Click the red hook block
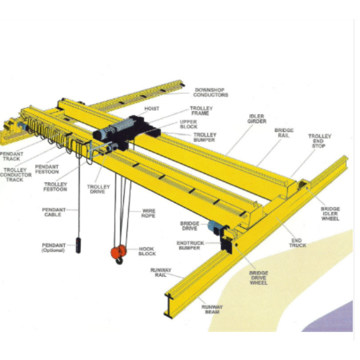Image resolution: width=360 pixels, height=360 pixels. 118,252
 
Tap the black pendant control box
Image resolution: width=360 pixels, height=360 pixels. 78,246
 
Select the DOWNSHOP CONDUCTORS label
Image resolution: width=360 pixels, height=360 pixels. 211,92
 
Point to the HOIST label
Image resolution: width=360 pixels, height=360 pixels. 152,108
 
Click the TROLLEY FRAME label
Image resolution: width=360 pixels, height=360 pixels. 201,111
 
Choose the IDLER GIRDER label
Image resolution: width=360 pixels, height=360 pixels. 257,119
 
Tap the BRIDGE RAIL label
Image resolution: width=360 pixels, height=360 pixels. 284,133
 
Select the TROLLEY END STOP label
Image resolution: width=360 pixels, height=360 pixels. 320,141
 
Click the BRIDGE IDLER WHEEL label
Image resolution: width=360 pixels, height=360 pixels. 330,214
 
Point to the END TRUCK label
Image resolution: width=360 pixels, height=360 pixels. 297,243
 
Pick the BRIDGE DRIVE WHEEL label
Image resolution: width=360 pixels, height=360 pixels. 259,278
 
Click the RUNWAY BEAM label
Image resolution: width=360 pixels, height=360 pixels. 212,309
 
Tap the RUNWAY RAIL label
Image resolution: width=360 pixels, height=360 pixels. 161,272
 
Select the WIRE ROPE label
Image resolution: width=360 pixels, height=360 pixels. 148,213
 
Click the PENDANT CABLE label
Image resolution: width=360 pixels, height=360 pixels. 54,212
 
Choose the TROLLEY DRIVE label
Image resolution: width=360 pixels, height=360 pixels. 99,189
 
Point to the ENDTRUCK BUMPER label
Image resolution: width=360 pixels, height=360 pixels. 190,245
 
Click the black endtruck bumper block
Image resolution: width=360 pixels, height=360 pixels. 226,244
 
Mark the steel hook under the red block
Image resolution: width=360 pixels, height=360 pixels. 119,261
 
